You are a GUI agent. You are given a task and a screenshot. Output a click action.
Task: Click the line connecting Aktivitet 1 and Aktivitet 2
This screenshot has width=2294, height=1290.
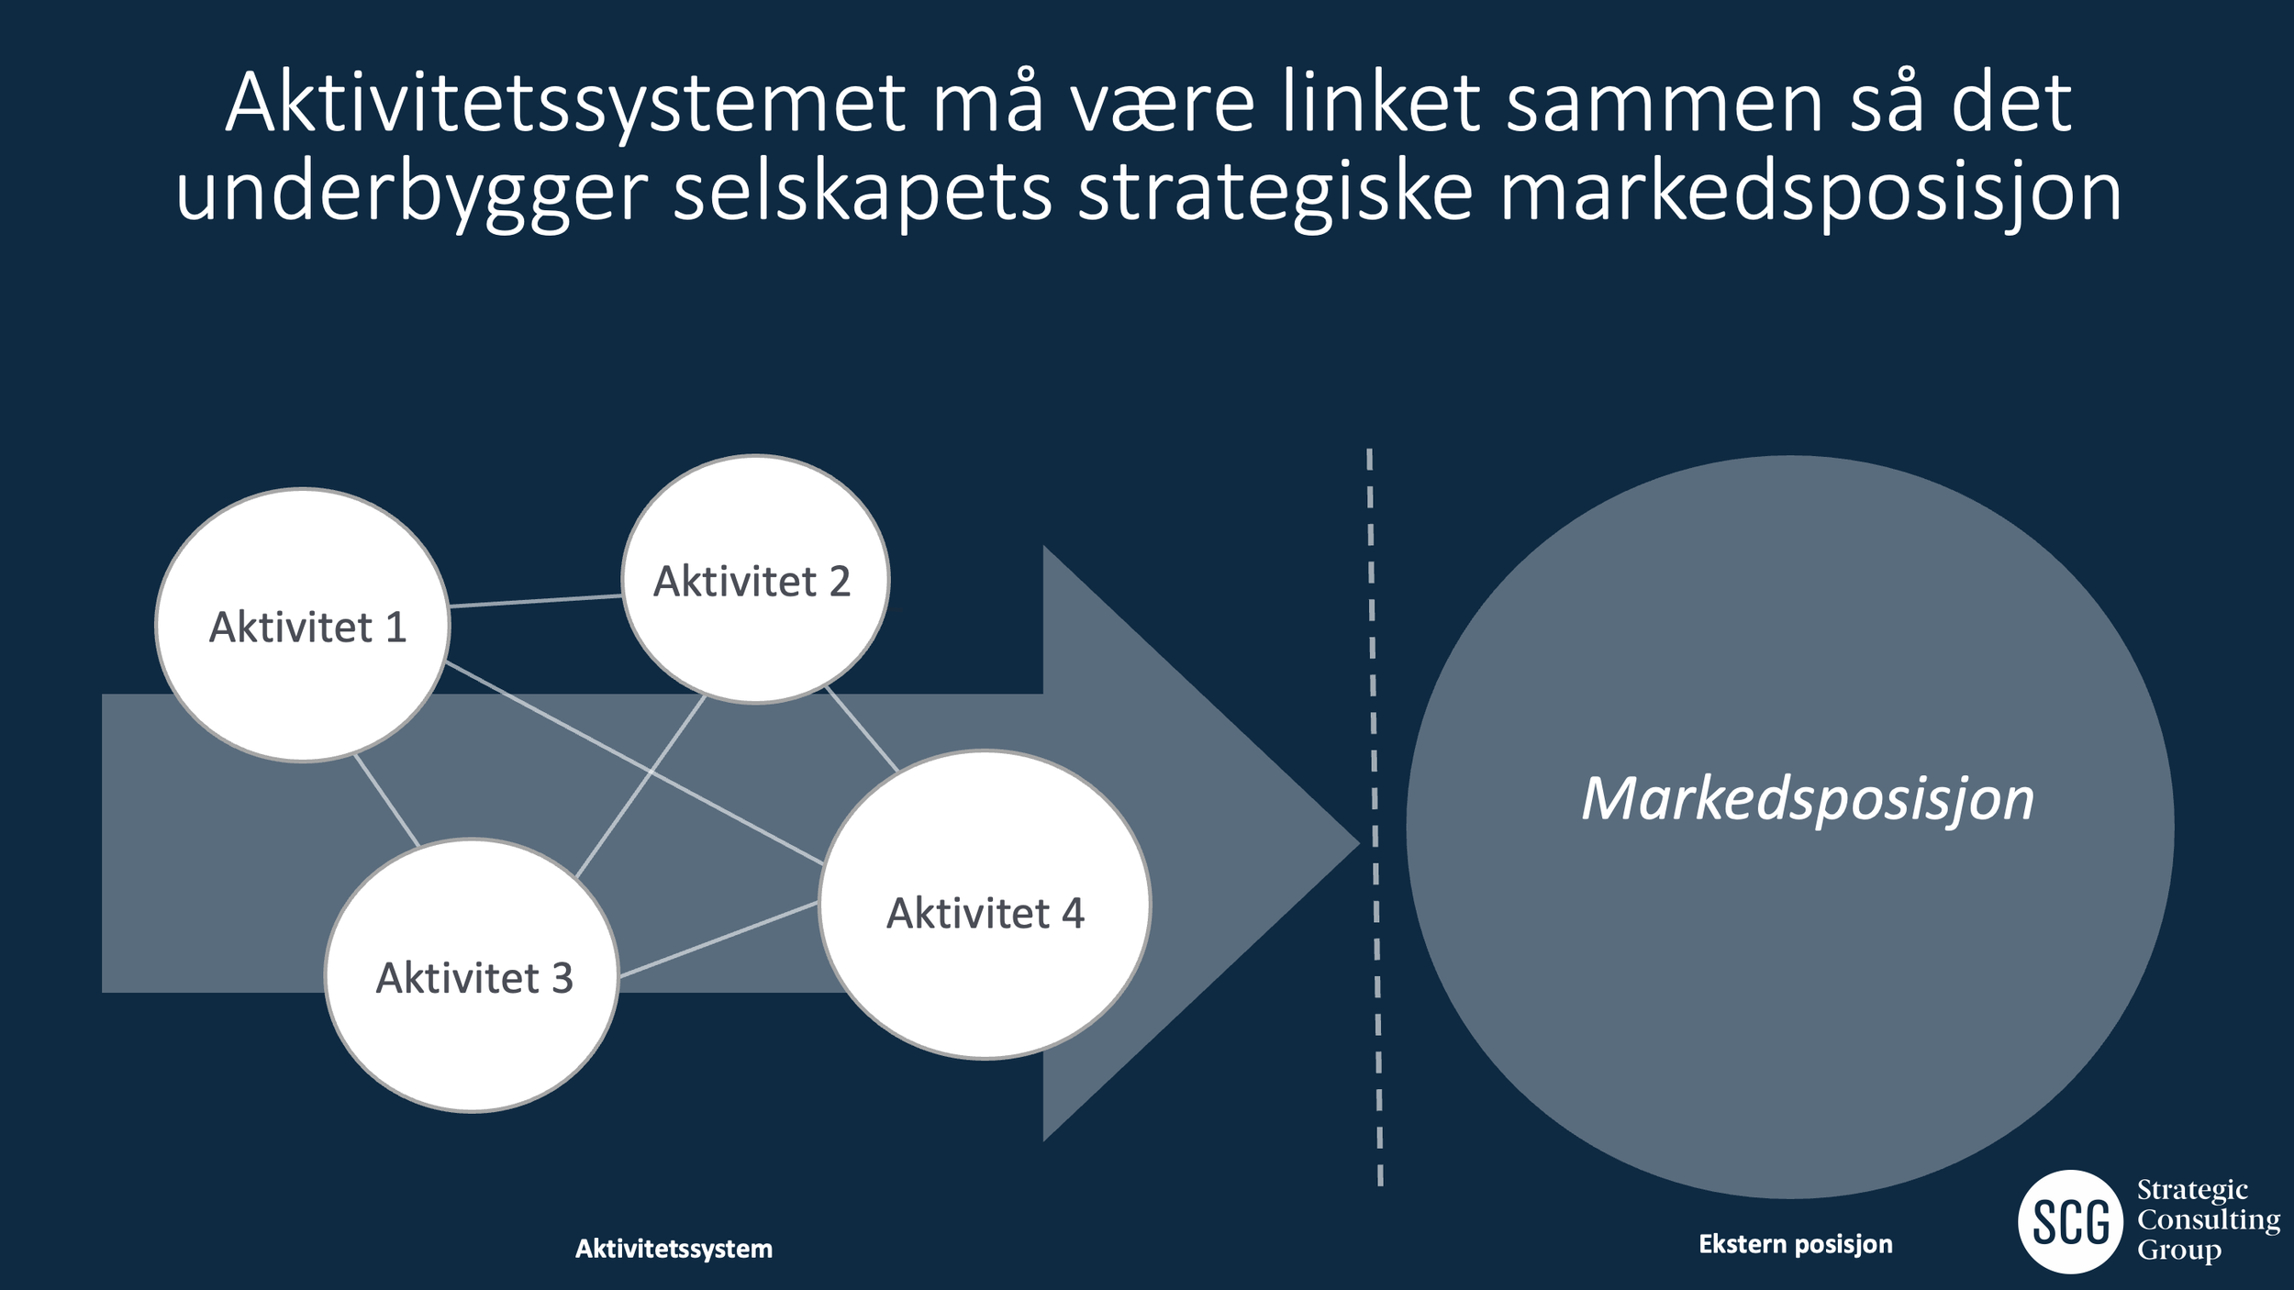point(536,601)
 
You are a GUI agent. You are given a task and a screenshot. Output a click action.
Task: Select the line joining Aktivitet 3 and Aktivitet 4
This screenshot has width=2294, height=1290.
point(718,940)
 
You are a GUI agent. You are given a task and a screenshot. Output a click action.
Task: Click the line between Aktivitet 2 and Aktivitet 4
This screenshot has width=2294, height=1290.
point(861,728)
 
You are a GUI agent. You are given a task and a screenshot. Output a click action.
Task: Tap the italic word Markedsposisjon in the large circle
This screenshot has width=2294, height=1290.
point(1807,799)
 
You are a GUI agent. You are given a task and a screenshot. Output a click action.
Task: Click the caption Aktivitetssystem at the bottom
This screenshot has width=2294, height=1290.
point(674,1249)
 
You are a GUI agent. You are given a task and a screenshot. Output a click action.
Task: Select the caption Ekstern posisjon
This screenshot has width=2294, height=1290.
point(1795,1244)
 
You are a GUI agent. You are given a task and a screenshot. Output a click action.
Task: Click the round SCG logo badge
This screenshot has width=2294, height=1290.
point(2069,1222)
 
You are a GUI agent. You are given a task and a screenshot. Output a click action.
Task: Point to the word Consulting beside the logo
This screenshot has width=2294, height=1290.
point(2208,1220)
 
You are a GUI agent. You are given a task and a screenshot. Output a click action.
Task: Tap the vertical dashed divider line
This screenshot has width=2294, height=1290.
point(1375,817)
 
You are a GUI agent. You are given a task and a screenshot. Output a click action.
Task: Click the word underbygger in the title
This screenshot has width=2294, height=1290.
point(412,193)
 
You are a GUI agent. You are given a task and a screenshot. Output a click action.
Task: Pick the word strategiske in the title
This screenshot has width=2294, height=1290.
point(1275,193)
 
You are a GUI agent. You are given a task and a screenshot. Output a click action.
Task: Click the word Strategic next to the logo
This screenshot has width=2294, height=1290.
point(2192,1190)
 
